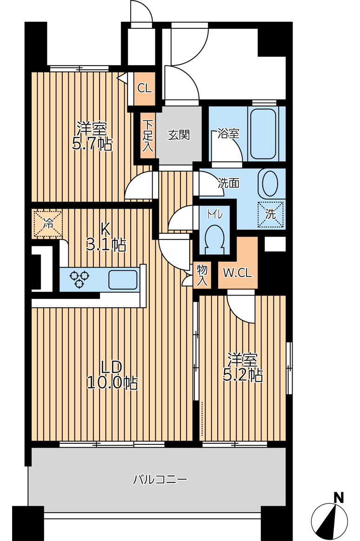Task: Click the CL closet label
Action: (145, 88)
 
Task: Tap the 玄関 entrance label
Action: (179, 135)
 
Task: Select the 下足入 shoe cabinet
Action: (148, 136)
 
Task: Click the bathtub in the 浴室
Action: (263, 133)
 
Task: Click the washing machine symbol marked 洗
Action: (271, 214)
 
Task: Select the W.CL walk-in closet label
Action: (238, 273)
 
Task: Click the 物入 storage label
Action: (202, 276)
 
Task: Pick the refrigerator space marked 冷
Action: (47, 224)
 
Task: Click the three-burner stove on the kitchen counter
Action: (80, 279)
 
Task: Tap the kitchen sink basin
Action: (123, 279)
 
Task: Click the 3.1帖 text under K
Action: (106, 245)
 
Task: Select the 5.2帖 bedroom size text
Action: (243, 375)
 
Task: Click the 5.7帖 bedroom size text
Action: (93, 144)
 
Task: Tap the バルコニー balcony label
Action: (161, 480)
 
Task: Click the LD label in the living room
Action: (112, 367)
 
